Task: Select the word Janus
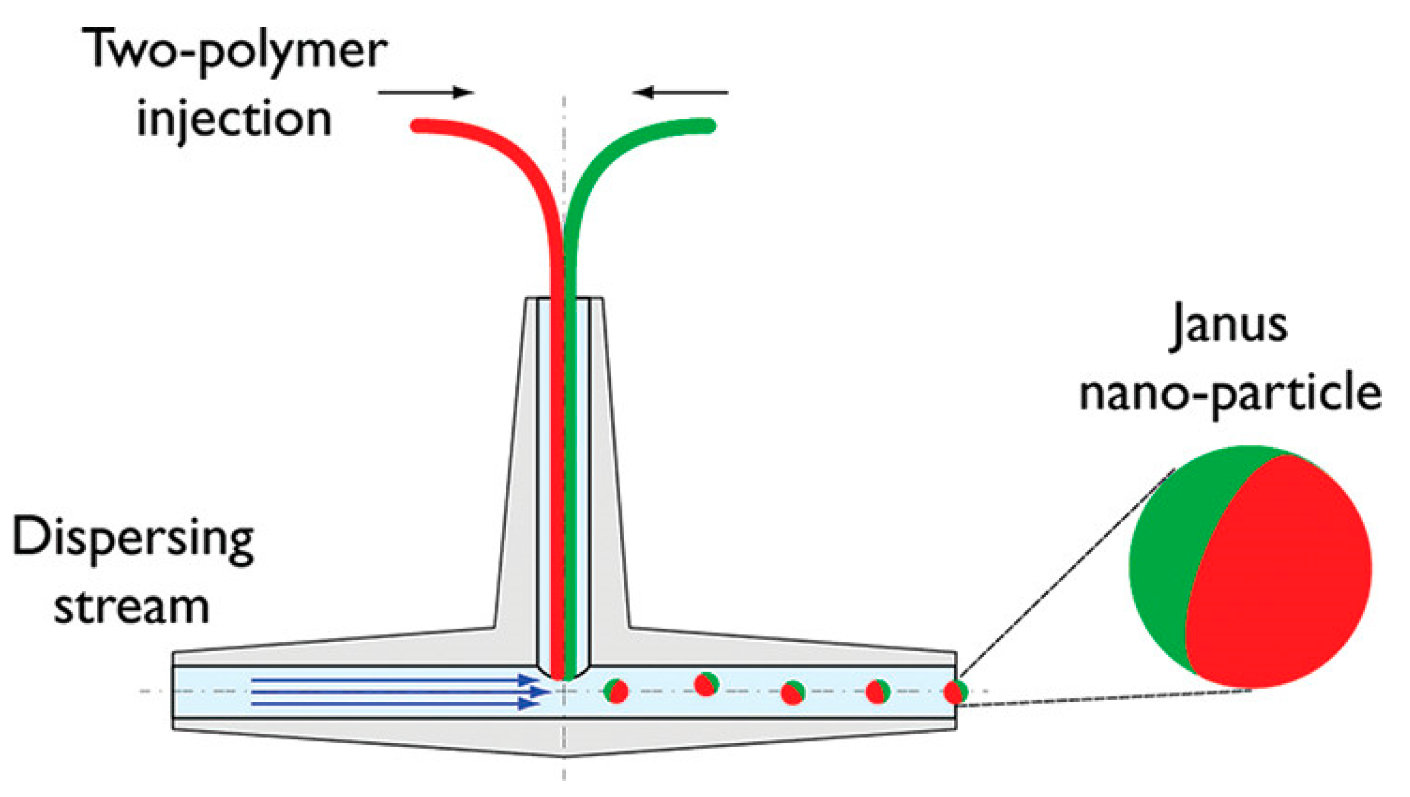pyautogui.click(x=1228, y=326)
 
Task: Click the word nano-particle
pyautogui.click(x=1231, y=394)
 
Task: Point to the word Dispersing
pyautogui.click(x=133, y=540)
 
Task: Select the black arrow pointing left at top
pyautogui.click(x=681, y=92)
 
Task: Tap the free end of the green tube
pyautogui.click(x=709, y=126)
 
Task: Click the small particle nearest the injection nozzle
pyautogui.click(x=616, y=691)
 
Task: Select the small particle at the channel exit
pyautogui.click(x=955, y=692)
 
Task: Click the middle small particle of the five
pyautogui.click(x=793, y=693)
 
